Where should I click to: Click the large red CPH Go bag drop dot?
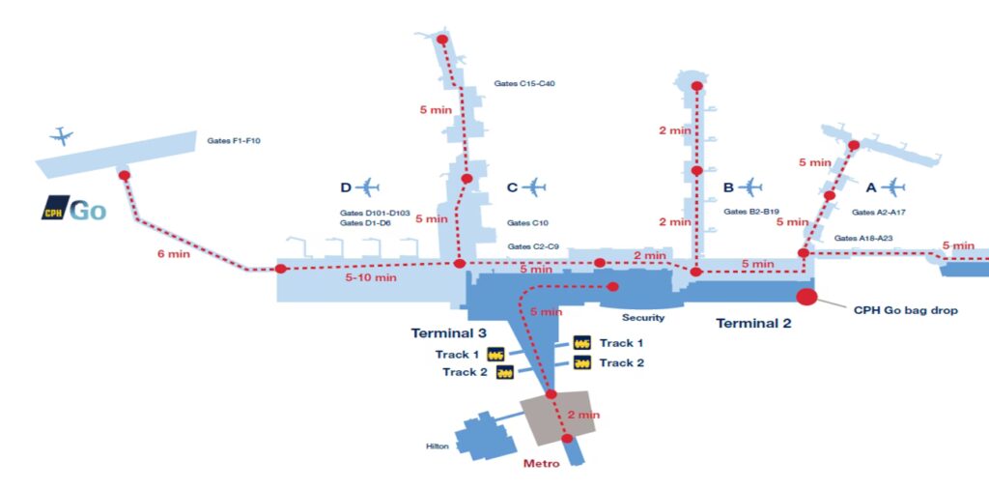tap(806, 296)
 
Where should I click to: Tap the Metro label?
tap(541, 464)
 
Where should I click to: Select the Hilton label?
tap(438, 447)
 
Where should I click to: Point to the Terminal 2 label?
tap(753, 324)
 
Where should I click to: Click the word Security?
tap(642, 318)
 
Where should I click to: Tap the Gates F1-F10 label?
tap(234, 141)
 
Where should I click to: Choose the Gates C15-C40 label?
tap(524, 83)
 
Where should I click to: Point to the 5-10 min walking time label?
tap(370, 277)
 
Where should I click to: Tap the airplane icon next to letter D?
tap(367, 187)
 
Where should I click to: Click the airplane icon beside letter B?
tap(749, 187)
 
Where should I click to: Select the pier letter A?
tap(871, 187)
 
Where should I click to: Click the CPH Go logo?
tap(73, 210)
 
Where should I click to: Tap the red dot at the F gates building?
tap(125, 176)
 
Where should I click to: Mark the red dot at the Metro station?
tap(567, 438)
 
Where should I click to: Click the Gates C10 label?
tap(527, 223)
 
